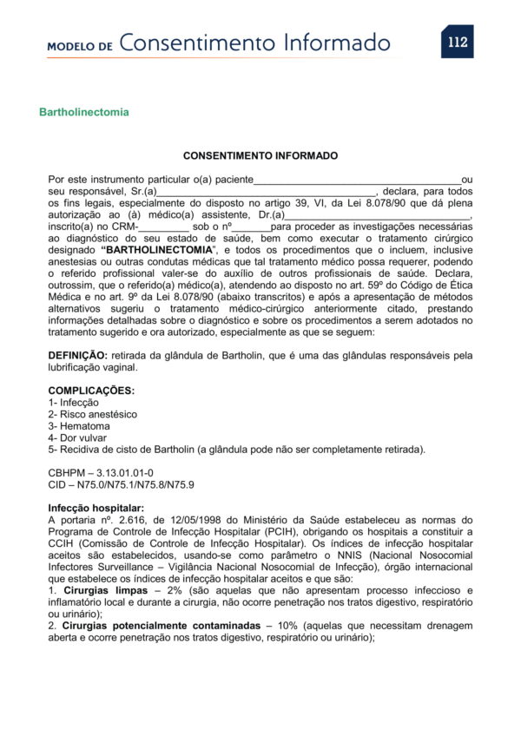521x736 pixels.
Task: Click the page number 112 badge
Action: [457, 42]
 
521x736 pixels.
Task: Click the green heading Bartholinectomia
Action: [84, 112]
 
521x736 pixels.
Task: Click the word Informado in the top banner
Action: [330, 43]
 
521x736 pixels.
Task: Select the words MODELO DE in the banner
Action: [80, 46]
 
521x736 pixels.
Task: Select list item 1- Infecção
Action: [73, 403]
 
